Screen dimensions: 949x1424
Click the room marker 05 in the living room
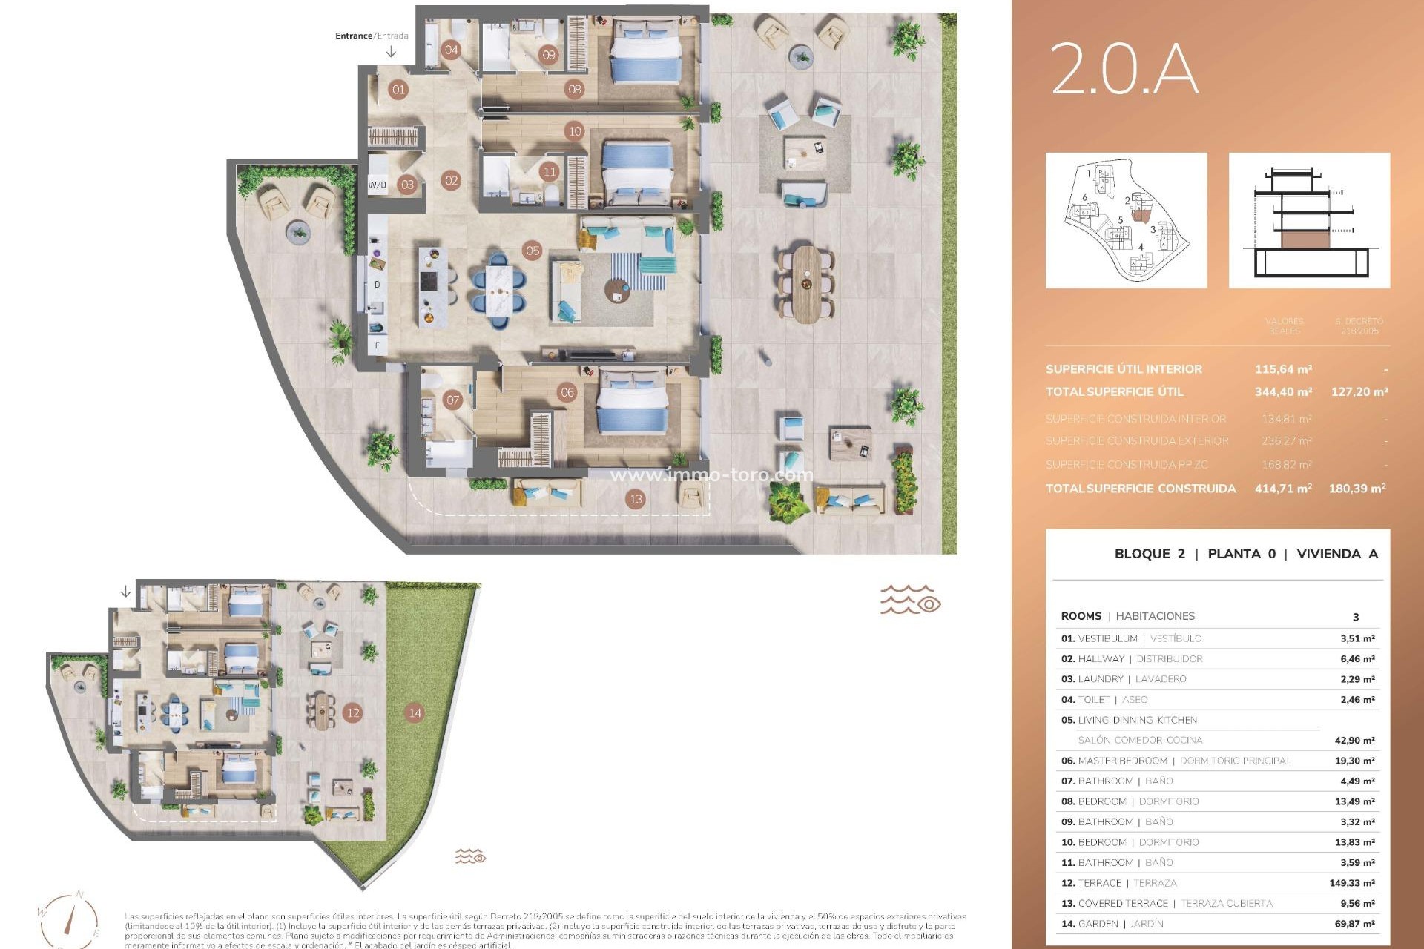pos(533,251)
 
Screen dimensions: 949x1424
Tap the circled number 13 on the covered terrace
pos(636,499)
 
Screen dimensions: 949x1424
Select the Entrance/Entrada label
pos(372,36)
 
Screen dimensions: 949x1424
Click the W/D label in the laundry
pos(377,185)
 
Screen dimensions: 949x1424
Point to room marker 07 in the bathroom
pos(452,400)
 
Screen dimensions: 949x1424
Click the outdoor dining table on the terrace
pos(806,284)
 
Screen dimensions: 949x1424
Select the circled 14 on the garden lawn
pos(415,713)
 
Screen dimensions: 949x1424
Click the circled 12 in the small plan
pos(353,713)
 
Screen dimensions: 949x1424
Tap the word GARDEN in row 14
pos(1098,924)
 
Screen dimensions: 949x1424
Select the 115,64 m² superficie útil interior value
pos(1283,369)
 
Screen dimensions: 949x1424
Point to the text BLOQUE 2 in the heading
pos(1150,554)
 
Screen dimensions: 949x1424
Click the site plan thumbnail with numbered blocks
pos(1126,220)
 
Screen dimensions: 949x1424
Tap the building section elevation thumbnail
pos(1309,220)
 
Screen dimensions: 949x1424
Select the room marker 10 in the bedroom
pos(574,132)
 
